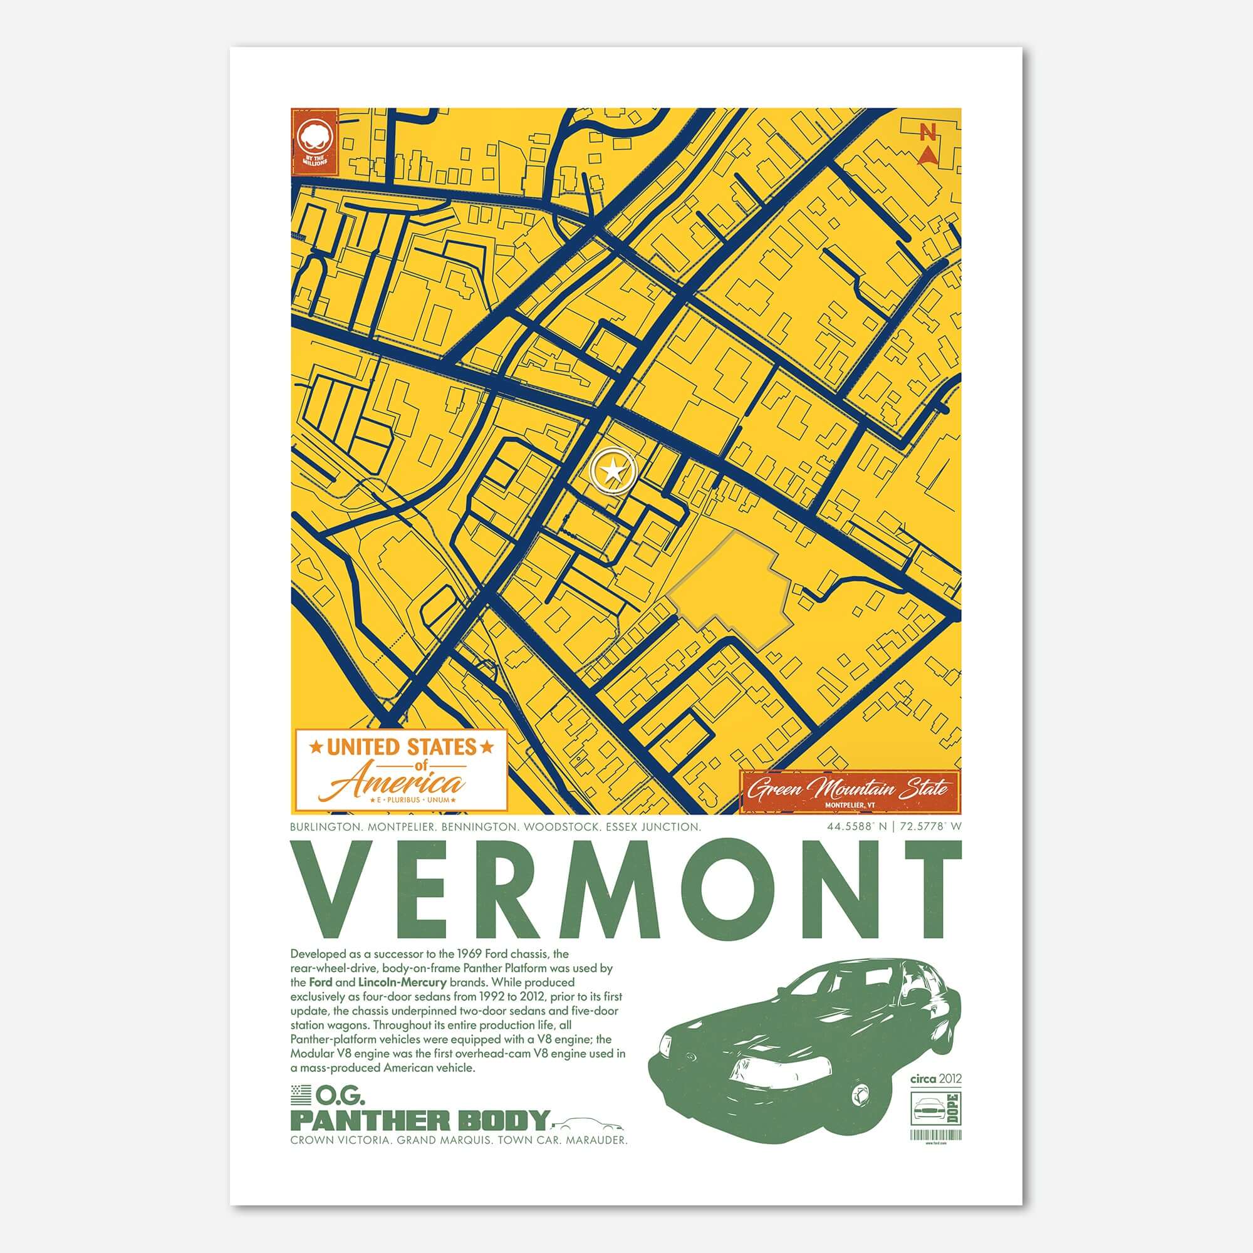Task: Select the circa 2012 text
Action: click(935, 1079)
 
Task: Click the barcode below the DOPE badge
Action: click(937, 1135)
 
